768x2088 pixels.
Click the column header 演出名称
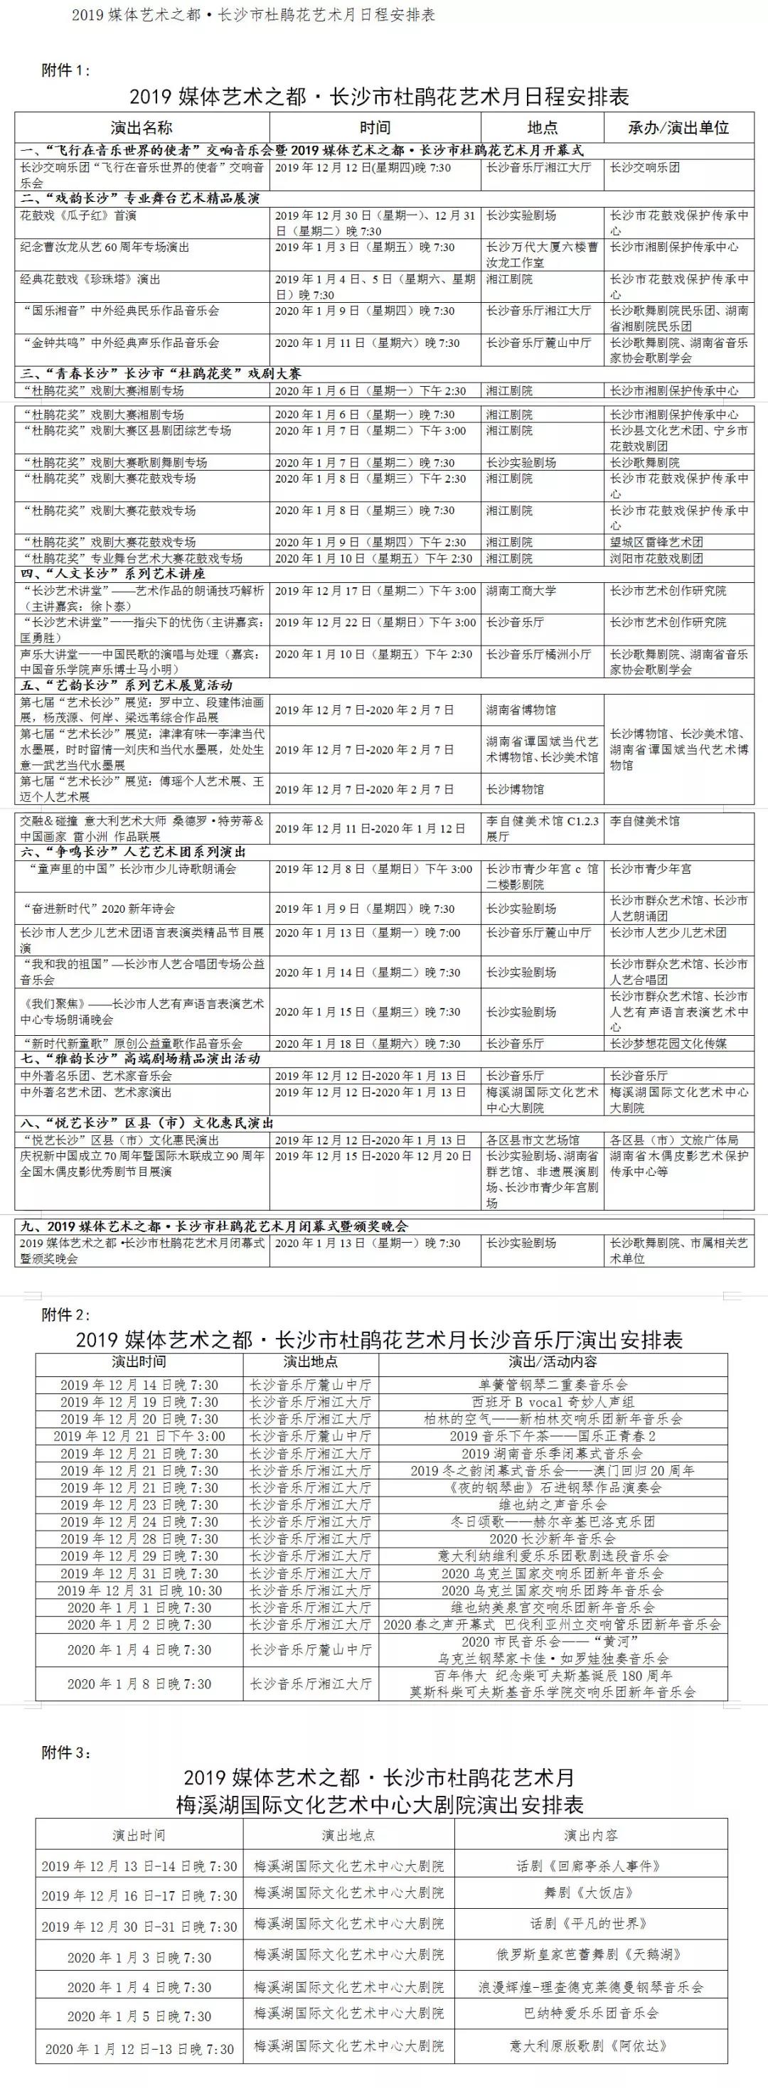(142, 127)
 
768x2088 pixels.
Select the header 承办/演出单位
(678, 127)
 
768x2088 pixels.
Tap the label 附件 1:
(65, 70)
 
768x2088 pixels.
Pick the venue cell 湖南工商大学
(521, 591)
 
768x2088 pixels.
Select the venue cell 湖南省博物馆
(521, 710)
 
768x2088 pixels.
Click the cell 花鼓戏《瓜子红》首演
(79, 215)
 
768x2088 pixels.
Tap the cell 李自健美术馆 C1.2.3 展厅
(542, 828)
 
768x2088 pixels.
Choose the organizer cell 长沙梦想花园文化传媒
(668, 1043)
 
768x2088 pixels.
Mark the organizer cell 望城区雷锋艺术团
(657, 542)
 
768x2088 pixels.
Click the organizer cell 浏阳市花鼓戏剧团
(657, 559)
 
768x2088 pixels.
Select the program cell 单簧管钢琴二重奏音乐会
(553, 1385)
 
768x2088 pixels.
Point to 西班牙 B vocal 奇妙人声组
(553, 1402)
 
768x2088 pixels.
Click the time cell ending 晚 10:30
(139, 1590)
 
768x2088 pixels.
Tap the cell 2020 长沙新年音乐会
(553, 1538)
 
